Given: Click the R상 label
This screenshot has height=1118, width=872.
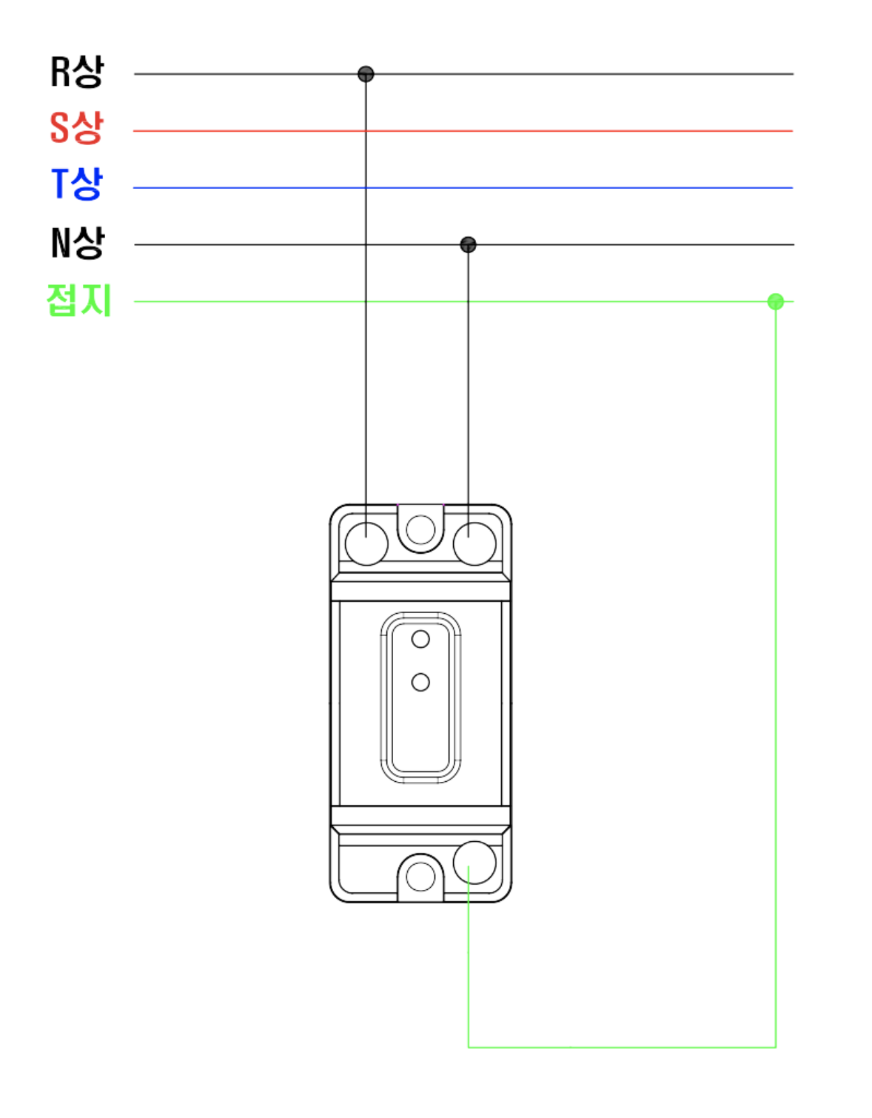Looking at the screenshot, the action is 77,72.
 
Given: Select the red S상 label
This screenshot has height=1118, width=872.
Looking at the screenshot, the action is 76,127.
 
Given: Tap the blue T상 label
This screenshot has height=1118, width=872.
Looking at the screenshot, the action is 77,183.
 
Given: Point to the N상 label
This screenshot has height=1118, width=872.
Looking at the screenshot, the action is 78,242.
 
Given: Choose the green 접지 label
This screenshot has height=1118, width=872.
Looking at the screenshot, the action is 79,300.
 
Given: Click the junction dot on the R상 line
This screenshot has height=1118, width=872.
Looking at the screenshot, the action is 366,74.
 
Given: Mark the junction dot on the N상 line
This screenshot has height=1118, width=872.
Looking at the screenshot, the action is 468,244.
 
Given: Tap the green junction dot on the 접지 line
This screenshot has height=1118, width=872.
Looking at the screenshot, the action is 775,301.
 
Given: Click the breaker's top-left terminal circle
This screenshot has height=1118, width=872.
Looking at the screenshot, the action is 366,544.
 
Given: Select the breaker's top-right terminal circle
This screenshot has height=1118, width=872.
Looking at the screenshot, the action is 474,544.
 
